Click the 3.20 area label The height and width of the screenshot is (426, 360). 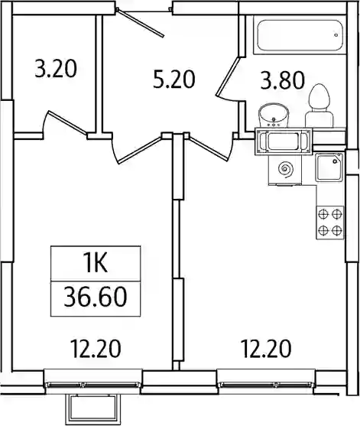click(56, 69)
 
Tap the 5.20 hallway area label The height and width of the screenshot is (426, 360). click(174, 80)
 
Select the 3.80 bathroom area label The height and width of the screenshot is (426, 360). click(282, 81)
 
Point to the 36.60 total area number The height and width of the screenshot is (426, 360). click(96, 297)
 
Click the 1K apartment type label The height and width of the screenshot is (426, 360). click(96, 263)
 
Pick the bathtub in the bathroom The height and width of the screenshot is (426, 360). click(300, 35)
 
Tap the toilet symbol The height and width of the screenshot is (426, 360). click(319, 106)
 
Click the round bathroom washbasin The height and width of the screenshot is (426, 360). click(274, 116)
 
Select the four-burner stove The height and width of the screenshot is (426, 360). click(330, 223)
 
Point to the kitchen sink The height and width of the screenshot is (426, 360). click(329, 167)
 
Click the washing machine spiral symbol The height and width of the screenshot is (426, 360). click(286, 169)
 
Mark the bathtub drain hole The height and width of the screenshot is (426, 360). click(336, 35)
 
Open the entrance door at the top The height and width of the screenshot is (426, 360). click(141, 22)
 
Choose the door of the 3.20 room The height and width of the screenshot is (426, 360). click(67, 123)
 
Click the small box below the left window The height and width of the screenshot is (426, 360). click(92, 410)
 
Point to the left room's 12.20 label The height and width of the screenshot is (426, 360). click(96, 349)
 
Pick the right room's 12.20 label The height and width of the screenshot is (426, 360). click(266, 349)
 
